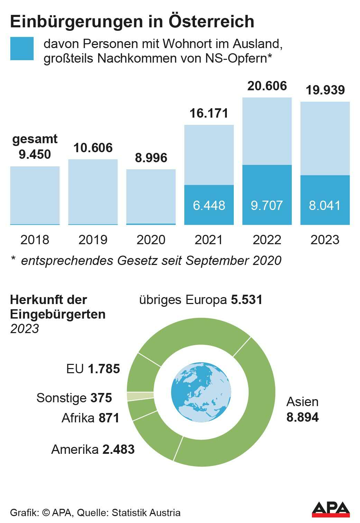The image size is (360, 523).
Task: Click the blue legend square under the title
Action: pos(22,49)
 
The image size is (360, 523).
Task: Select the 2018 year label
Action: pos(35,240)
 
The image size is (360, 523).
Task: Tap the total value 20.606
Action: pos(267,86)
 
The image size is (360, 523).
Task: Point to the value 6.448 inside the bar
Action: pos(209,205)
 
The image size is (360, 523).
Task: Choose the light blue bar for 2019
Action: pos(93,192)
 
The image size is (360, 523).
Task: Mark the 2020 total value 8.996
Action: pos(151,158)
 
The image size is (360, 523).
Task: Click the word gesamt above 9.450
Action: pos(35,139)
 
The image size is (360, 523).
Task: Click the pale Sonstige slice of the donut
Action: pos(140,396)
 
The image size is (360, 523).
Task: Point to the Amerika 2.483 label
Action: pos(93,449)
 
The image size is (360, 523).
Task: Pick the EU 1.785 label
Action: pos(93,369)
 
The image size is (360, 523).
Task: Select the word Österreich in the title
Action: pos(211,21)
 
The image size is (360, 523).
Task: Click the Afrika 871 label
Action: pos(90,418)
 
